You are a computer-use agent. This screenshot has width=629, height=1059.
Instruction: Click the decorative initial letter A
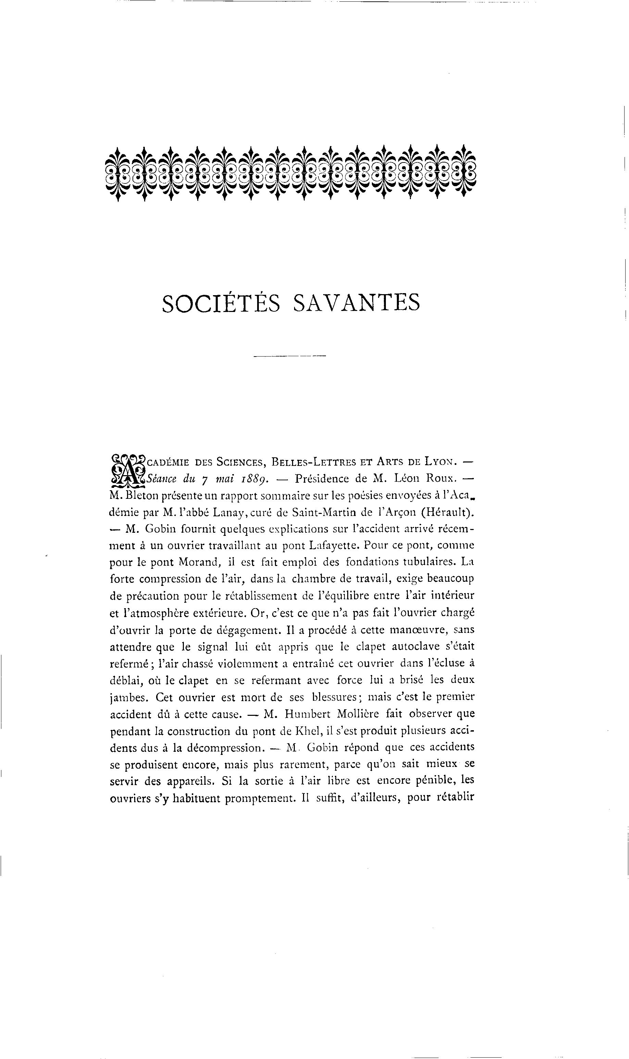pos(127,470)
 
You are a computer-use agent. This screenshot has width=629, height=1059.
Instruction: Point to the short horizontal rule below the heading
pos(289,356)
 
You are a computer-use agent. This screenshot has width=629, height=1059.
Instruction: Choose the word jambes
pos(128,698)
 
